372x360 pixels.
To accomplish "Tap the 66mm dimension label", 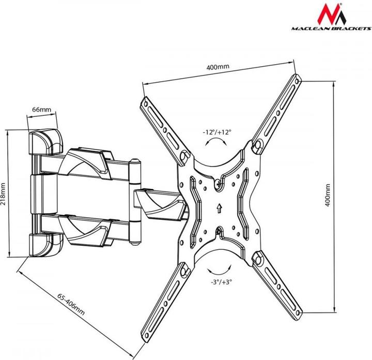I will (41, 110).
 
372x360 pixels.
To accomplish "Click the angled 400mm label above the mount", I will (218, 67).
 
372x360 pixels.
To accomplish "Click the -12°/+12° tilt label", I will (218, 132).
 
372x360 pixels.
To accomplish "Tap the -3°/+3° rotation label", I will (221, 282).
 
